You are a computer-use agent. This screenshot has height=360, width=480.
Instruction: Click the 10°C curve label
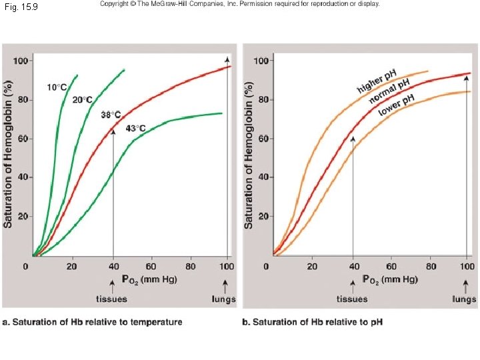[57, 87]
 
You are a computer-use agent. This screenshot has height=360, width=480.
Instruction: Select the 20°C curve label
[83, 99]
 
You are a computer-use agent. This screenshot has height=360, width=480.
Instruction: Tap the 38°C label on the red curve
[111, 115]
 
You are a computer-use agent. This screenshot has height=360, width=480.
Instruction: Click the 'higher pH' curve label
[377, 81]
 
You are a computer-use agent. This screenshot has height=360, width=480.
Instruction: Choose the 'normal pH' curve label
[389, 91]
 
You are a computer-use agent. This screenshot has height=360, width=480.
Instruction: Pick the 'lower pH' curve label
[397, 105]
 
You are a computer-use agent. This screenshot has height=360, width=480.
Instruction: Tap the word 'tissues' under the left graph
[112, 299]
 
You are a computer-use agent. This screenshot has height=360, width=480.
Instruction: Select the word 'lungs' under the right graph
[464, 299]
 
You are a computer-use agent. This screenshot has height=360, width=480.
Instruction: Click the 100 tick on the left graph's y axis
[22, 61]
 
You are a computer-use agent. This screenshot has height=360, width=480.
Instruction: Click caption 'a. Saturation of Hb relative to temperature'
[93, 322]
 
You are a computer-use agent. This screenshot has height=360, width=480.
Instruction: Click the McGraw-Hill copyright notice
[239, 4]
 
